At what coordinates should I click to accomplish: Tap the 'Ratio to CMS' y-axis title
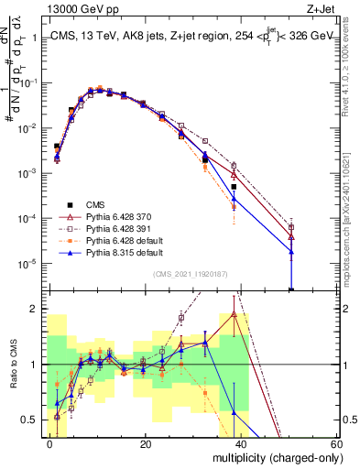coord(12,365)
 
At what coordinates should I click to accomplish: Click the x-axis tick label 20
coord(146,443)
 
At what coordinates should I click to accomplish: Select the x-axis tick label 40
coord(241,443)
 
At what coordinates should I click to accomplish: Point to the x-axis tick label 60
coord(335,443)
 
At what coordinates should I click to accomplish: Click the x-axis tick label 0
coord(50,443)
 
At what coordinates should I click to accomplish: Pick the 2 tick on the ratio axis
coord(38,309)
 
